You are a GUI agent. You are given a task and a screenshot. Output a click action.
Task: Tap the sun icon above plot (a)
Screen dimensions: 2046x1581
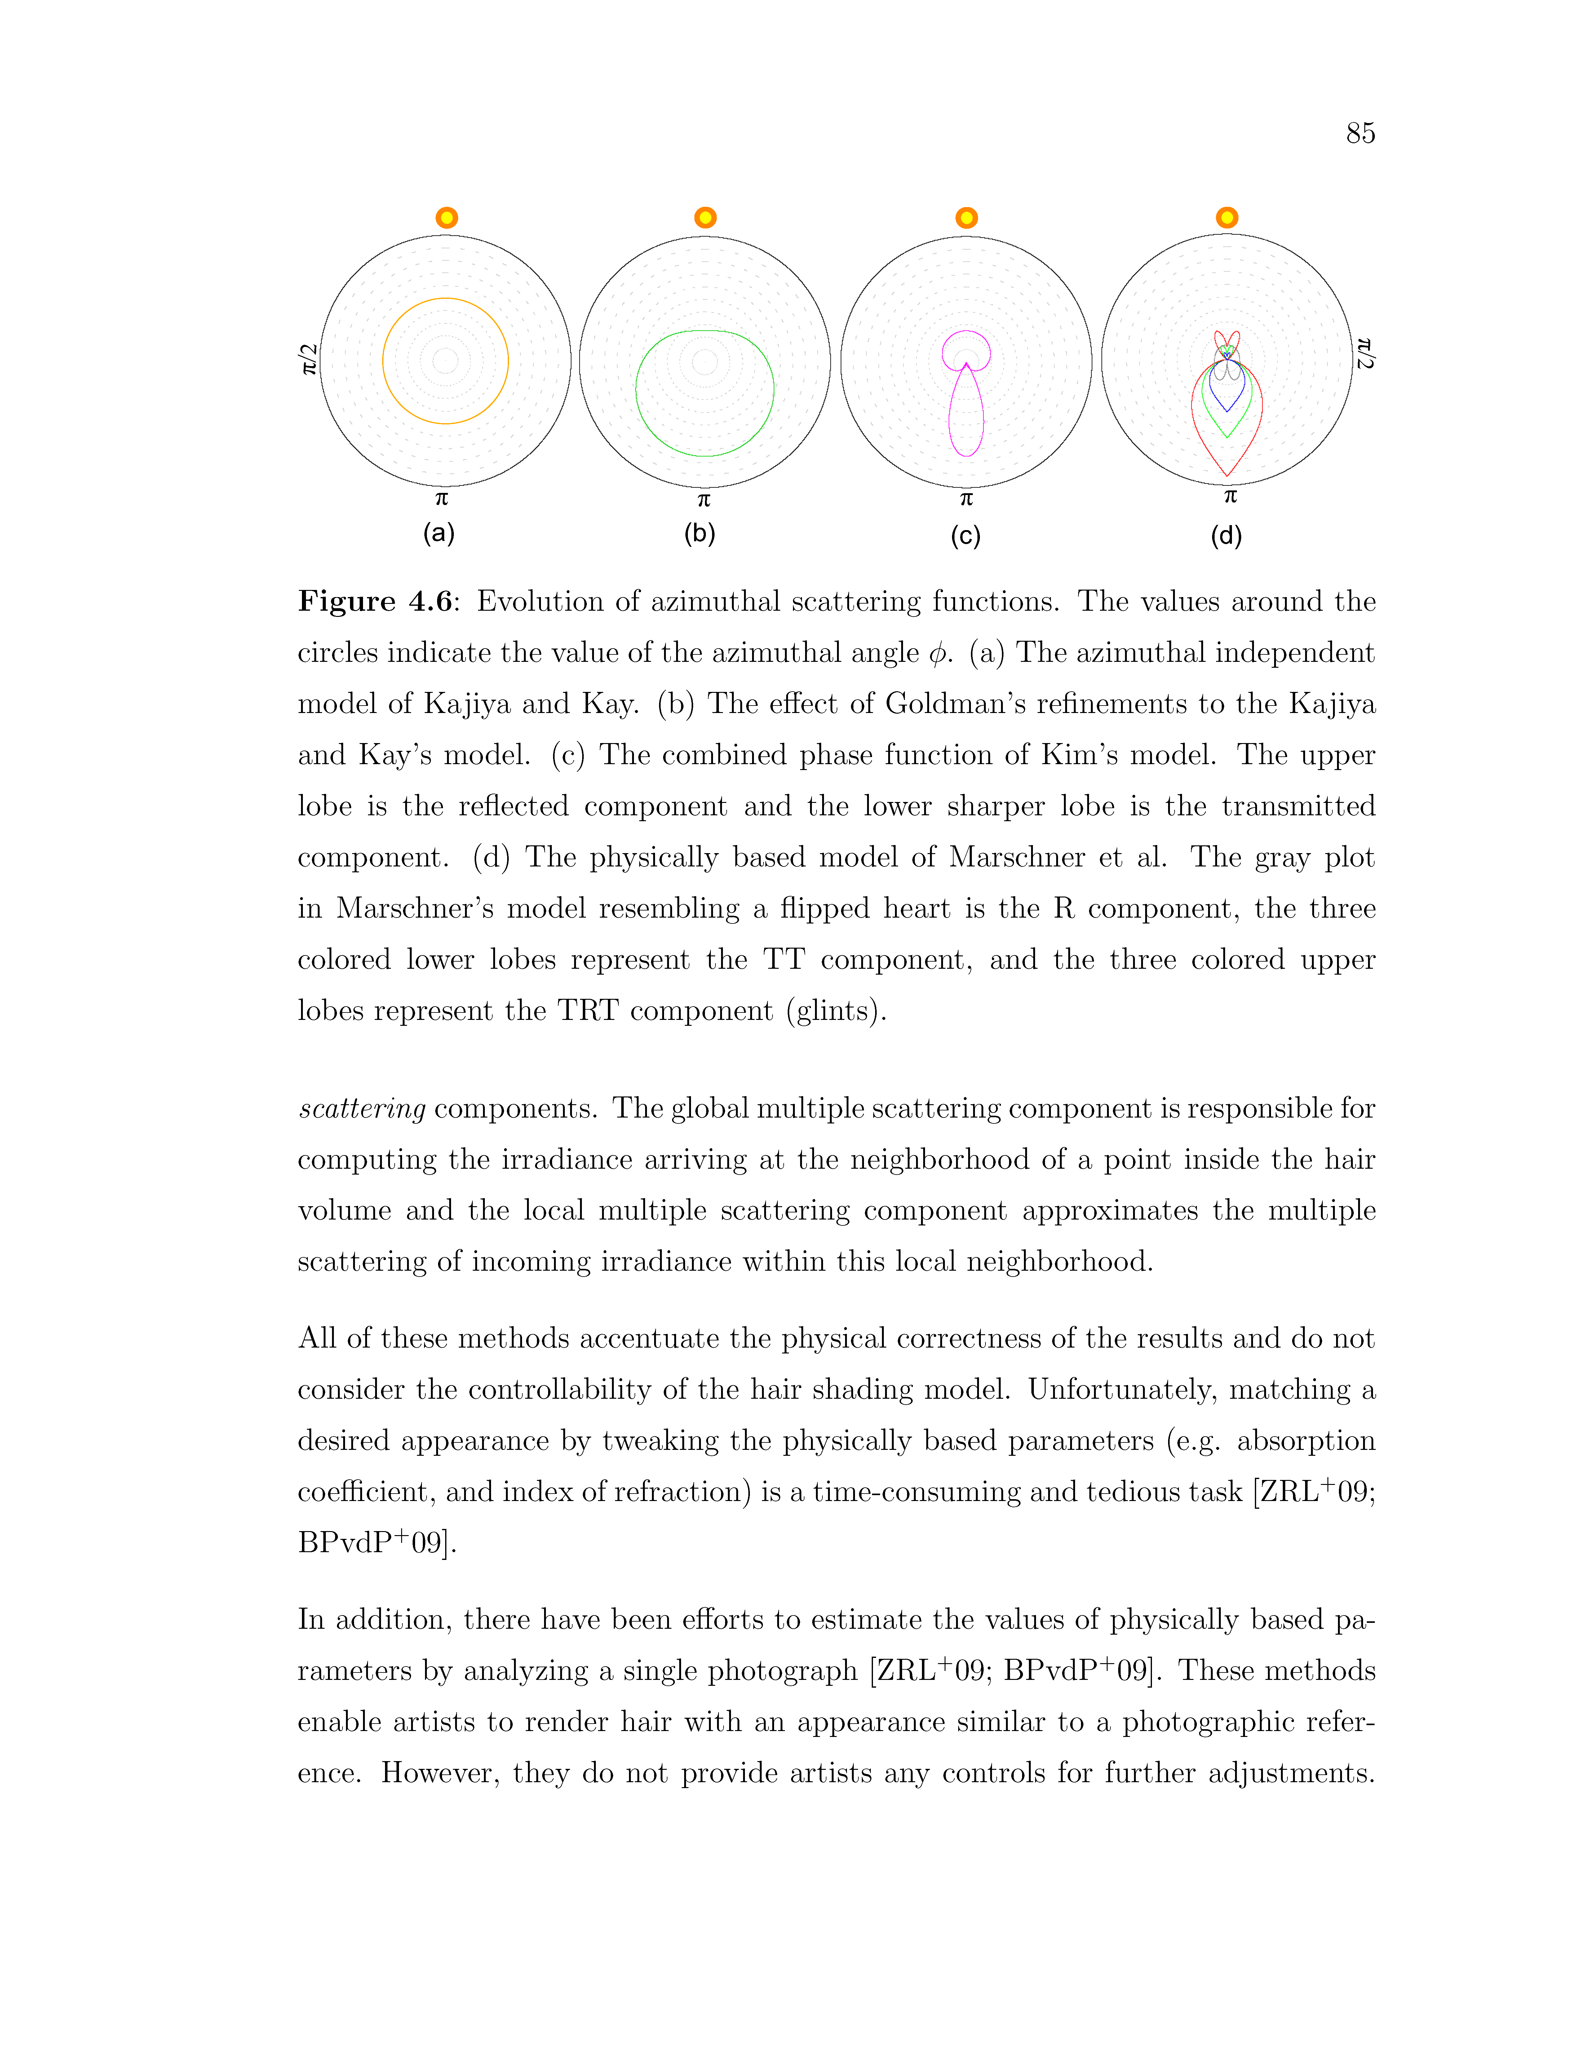pyautogui.click(x=447, y=217)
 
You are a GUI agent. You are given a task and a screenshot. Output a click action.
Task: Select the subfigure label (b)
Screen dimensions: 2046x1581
pyautogui.click(x=700, y=534)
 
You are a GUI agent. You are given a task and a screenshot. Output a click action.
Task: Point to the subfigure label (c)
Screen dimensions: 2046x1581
pyautogui.click(x=966, y=536)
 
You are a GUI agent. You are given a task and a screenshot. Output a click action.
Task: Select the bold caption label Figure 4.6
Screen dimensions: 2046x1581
pyautogui.click(x=375, y=601)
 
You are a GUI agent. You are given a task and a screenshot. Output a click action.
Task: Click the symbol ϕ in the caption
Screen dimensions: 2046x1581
pyautogui.click(x=937, y=654)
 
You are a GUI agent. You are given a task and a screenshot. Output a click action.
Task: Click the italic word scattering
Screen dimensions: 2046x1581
pyautogui.click(x=361, y=1109)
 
